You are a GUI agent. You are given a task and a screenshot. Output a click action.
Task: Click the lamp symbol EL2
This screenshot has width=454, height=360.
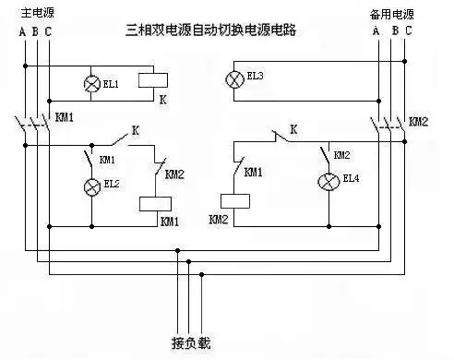point(91,187)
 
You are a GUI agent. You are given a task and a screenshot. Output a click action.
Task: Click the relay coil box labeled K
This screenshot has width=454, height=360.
point(152,79)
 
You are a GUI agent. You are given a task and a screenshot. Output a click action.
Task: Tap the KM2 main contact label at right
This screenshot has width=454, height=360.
point(418,121)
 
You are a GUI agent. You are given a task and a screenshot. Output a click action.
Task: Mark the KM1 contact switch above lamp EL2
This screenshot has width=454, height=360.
point(90,160)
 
